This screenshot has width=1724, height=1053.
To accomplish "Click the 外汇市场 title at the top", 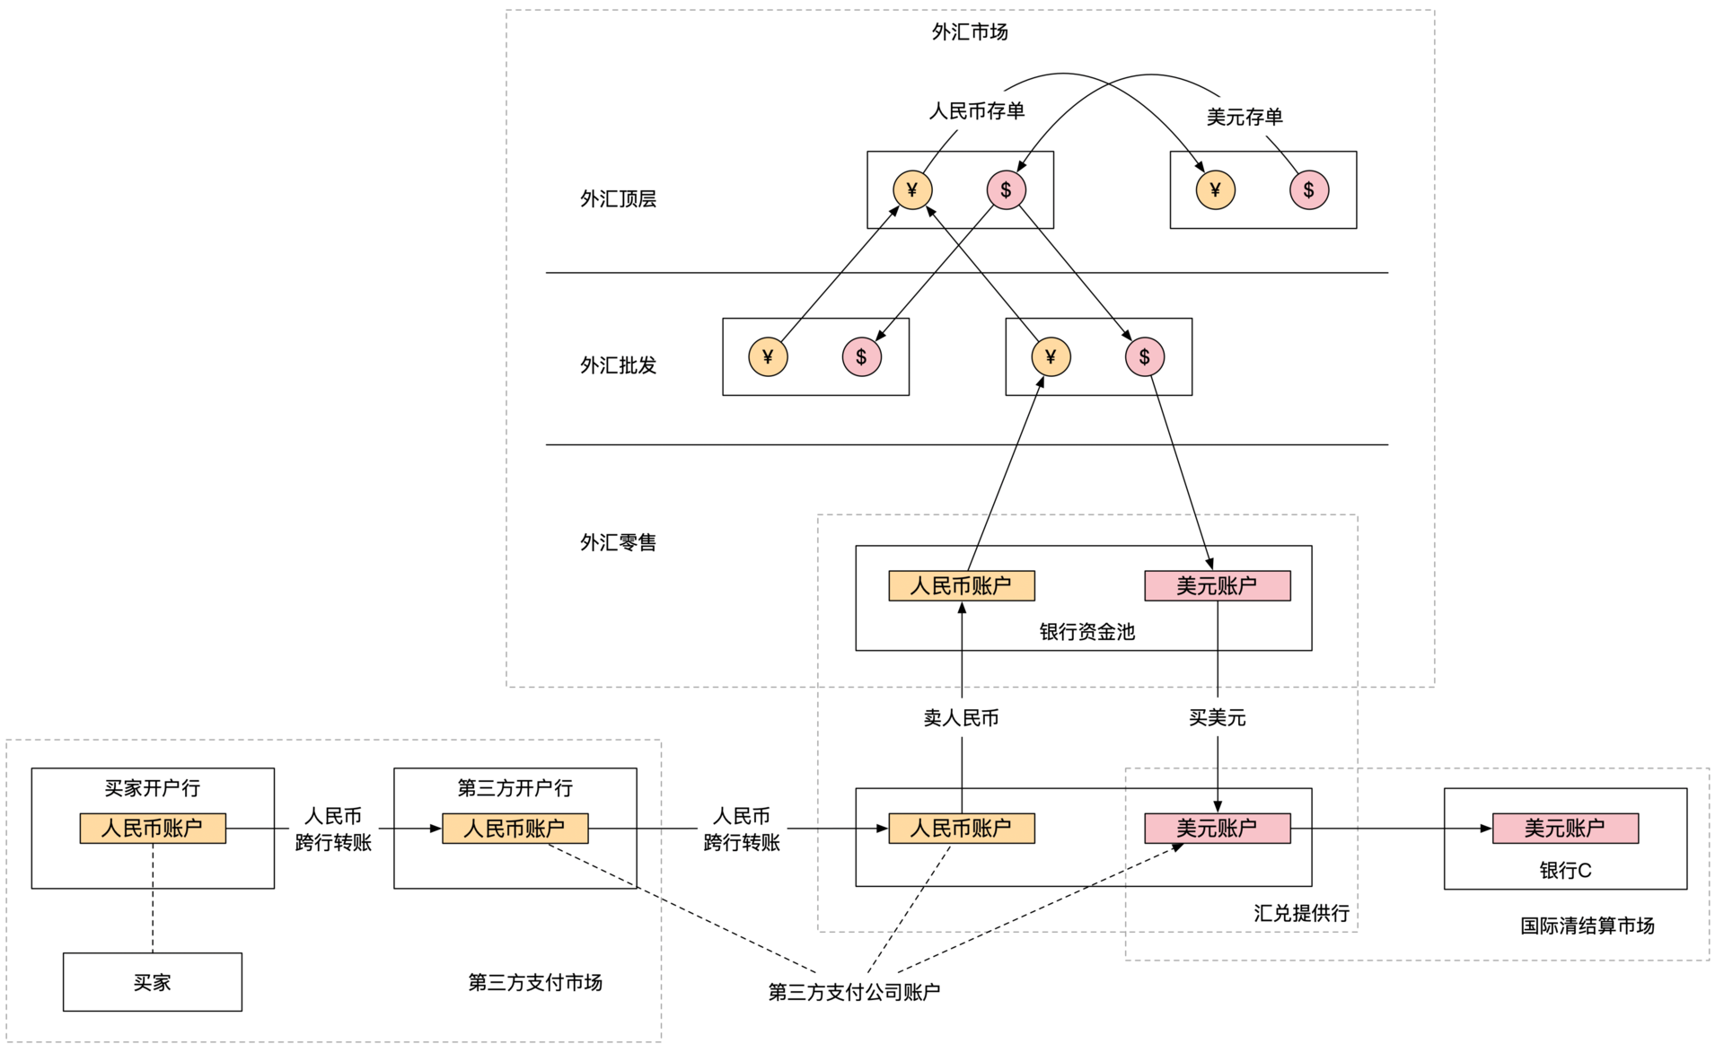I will pos(969,32).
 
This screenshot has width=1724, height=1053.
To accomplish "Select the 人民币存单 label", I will pos(976,111).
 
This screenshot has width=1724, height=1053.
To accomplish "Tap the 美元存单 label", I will pos(1244,117).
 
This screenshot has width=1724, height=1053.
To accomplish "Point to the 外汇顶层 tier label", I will pos(618,198).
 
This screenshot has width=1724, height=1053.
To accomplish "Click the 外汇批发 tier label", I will pos(618,365).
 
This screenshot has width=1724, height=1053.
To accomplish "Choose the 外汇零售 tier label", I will pos(618,542).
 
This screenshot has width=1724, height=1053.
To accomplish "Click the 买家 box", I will pos(152,982).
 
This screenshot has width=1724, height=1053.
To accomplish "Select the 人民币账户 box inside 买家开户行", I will pos(152,828).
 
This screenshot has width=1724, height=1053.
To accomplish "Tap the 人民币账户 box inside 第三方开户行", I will pos(515,828).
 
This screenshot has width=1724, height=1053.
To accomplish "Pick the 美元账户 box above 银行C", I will pos(1564,828).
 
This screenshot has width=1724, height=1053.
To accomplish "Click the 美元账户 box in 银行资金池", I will pos(1217,586).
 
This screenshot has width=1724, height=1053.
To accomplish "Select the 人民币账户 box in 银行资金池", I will pos(961,586).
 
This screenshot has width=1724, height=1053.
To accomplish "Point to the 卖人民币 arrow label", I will pos(961,717).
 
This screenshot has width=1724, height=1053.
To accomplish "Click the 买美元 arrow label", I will pos(1217,717).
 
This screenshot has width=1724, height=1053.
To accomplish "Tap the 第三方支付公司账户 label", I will pos(853,992).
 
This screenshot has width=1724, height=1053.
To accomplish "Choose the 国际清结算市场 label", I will pos(1587,926).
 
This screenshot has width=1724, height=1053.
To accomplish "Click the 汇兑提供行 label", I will pos(1301,913).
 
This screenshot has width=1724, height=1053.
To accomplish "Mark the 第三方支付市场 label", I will pos(535,982).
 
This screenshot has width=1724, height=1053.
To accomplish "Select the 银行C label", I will pos(1564,870).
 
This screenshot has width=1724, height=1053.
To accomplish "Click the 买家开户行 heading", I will pos(152,788).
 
